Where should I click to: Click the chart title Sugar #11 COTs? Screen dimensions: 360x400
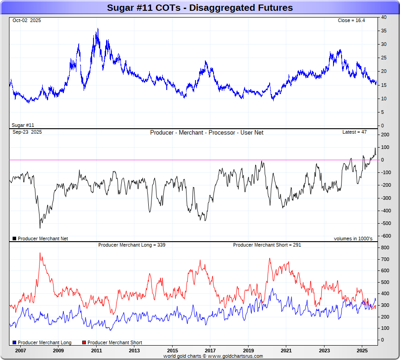200,8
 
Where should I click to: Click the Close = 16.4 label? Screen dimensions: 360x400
352,21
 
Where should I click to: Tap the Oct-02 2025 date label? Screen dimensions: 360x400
27,21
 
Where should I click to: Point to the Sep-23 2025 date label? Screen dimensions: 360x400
27,132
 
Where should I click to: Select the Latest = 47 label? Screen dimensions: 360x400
355,132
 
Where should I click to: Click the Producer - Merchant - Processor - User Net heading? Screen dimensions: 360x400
207,133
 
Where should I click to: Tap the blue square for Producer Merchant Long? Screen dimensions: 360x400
15,343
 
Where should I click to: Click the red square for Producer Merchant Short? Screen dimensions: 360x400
84,343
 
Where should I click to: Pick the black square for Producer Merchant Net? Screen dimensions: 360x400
14,238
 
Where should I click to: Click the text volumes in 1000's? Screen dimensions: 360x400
353,238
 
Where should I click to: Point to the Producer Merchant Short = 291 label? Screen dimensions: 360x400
267,245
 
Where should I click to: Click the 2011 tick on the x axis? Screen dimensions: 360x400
96,350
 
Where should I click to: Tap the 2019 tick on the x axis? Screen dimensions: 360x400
248,350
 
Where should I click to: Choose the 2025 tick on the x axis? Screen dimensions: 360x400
362,350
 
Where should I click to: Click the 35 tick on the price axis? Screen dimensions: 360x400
383,31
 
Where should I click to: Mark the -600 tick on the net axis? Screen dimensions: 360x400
385,236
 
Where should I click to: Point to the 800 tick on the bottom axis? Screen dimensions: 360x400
385,248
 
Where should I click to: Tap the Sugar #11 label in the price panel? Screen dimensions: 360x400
23,125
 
